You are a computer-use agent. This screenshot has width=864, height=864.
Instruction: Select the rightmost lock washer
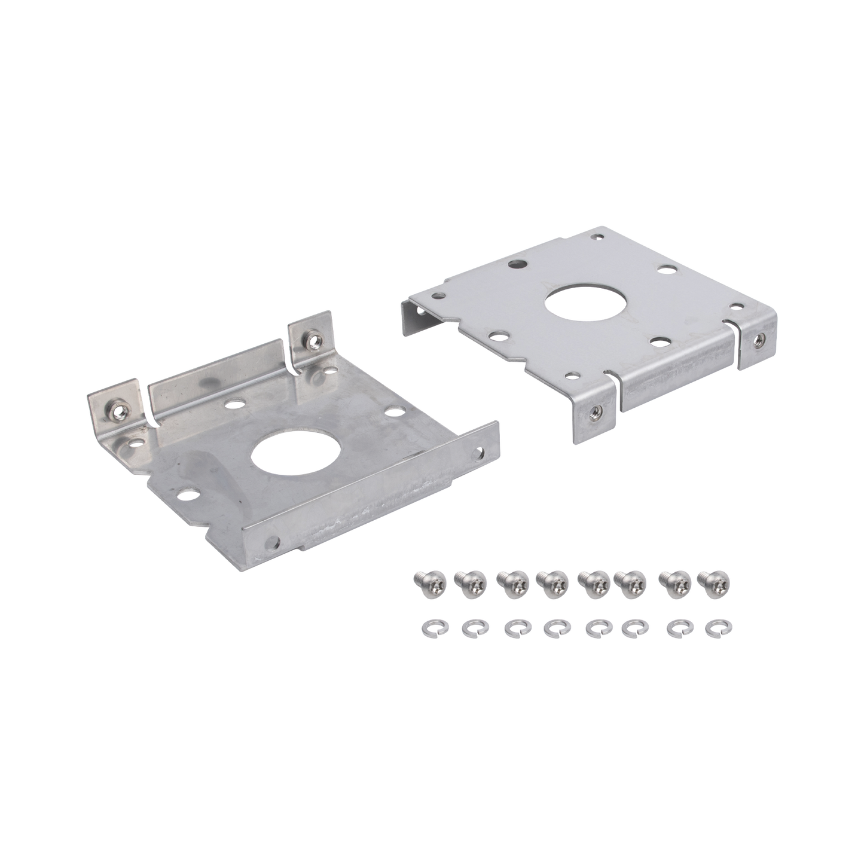[x=714, y=626]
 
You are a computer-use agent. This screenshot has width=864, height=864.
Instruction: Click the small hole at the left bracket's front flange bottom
[x=274, y=542]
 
